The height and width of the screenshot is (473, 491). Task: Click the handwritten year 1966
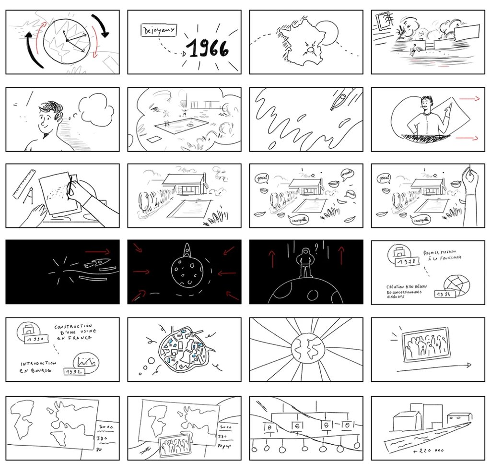208,48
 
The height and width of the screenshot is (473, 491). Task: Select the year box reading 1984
444,294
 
